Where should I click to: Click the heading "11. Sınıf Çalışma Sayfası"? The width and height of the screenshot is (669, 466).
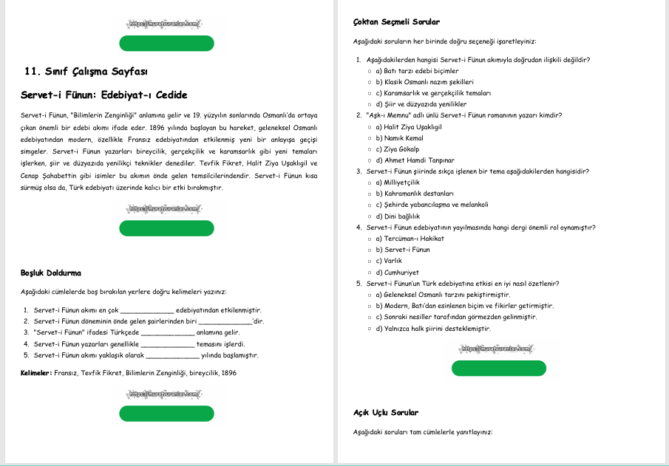point(86,72)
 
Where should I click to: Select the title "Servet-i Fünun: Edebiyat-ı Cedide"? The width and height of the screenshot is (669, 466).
point(104,95)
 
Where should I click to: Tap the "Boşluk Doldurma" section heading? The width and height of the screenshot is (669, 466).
point(51,273)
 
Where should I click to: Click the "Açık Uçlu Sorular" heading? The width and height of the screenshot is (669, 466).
point(386,413)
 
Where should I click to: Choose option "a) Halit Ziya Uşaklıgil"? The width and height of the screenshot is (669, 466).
point(408,126)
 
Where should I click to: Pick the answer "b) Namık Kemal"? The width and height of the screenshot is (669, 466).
point(399,138)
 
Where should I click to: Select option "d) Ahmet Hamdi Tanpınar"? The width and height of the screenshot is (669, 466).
point(414,160)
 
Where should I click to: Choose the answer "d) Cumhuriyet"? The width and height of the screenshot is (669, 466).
point(397,273)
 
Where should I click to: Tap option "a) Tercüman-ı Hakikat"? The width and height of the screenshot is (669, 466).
point(410,239)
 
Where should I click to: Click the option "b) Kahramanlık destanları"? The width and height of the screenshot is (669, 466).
point(413,193)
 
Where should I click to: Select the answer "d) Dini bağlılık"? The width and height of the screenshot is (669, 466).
point(398,216)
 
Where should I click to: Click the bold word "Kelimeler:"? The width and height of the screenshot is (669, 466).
point(36,373)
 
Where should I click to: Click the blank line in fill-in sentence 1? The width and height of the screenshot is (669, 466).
point(146,310)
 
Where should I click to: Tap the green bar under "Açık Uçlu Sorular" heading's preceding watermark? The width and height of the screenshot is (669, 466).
point(498,369)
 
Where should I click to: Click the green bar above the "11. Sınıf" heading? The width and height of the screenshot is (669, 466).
point(166,43)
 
